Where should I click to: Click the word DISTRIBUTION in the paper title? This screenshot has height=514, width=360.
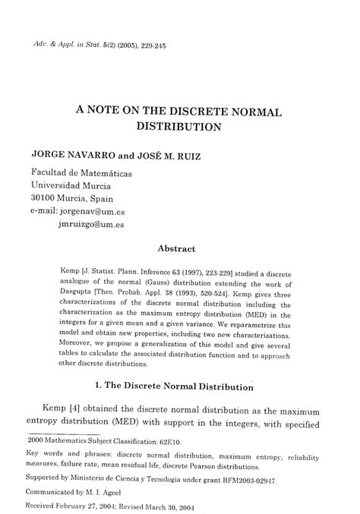tap(178, 126)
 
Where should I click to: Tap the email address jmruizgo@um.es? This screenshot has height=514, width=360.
tap(90, 224)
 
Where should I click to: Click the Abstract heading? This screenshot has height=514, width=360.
tap(176, 248)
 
